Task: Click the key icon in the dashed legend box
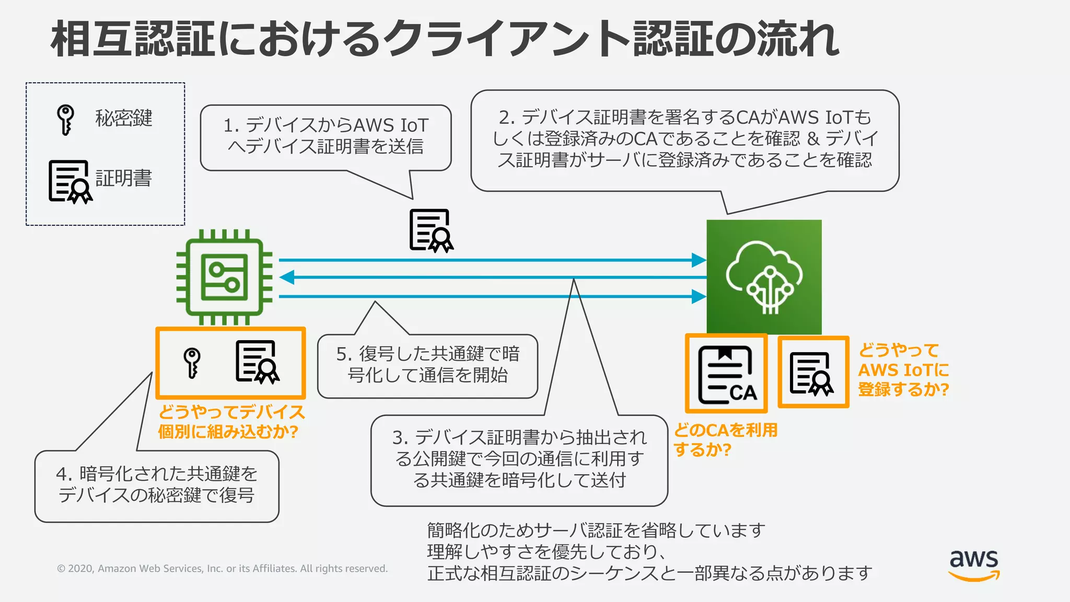[65, 120]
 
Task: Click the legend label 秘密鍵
[124, 119]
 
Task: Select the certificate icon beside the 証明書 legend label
[70, 182]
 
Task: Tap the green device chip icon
[225, 277]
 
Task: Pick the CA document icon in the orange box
[727, 374]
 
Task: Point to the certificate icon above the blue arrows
[431, 230]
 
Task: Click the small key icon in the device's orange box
[192, 362]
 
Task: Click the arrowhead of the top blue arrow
[699, 260]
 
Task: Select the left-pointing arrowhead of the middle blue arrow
[287, 277]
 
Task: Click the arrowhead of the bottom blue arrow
[699, 297]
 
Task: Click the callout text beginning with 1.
[325, 136]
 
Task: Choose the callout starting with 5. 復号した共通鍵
[427, 365]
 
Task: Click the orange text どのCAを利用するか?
[725, 439]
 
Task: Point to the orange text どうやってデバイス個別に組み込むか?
[231, 422]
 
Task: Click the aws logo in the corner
[974, 564]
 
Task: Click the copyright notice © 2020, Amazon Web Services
[222, 569]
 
